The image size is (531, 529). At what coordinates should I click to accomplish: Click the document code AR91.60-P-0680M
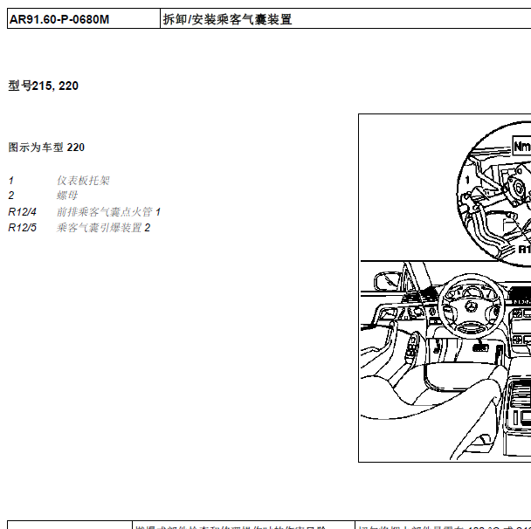[x=59, y=19]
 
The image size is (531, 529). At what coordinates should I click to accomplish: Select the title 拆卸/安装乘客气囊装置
[x=227, y=19]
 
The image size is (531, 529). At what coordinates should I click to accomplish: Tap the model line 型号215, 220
[x=44, y=86]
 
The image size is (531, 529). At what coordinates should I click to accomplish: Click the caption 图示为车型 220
[x=46, y=148]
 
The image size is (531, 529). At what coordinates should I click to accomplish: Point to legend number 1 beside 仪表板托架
[x=11, y=181]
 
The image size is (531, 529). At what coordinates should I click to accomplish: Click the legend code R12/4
[x=23, y=212]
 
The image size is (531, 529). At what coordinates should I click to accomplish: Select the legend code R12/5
[x=23, y=228]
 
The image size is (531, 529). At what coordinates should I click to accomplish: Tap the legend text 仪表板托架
[x=84, y=181]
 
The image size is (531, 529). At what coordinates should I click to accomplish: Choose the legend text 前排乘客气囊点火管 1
[x=109, y=212]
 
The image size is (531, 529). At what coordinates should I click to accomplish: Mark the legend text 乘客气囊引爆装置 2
[x=104, y=228]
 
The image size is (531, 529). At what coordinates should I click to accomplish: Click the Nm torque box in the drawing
[x=521, y=147]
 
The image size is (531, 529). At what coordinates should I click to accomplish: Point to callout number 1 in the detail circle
[x=468, y=178]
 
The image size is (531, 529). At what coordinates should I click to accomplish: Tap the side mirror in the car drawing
[x=385, y=284]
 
